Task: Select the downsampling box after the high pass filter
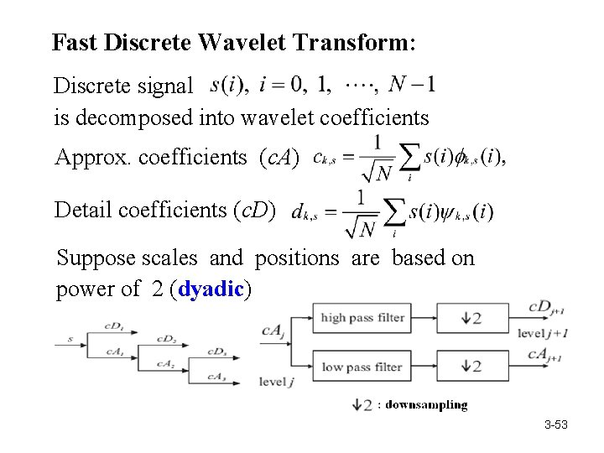(x=472, y=318)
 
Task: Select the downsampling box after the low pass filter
(x=472, y=367)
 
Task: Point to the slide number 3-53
(x=555, y=425)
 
